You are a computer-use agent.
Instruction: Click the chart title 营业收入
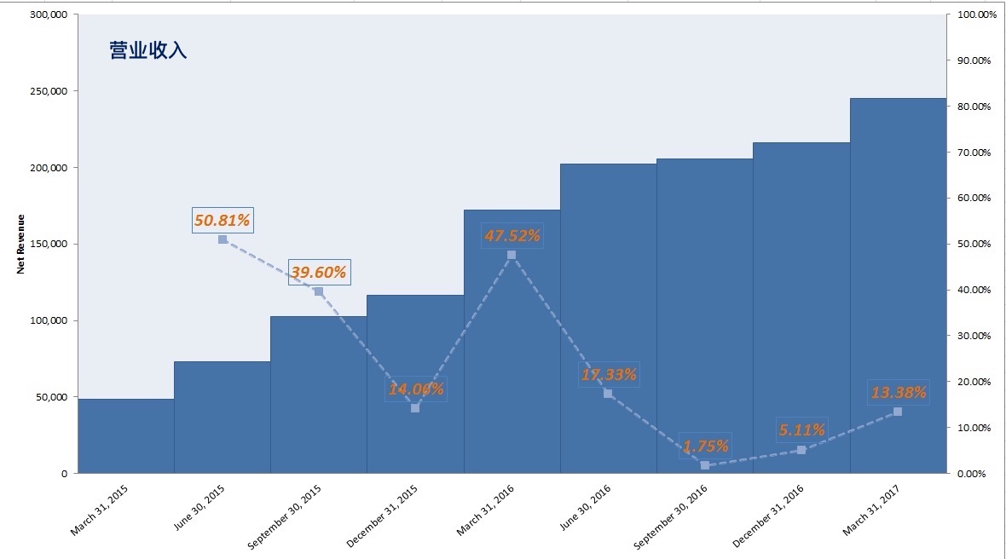click(x=148, y=50)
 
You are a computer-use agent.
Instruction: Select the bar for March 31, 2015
click(x=126, y=436)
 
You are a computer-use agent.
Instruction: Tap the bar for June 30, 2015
click(x=222, y=418)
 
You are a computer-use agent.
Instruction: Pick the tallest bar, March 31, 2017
click(x=899, y=286)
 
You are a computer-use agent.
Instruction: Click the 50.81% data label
click(x=222, y=220)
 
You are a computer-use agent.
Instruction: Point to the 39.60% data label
click(x=319, y=273)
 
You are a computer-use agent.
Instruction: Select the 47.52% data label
click(x=512, y=236)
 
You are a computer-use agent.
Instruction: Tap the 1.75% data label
click(x=705, y=447)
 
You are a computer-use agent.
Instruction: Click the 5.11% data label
click(x=801, y=429)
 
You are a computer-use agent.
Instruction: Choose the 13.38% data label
click(x=899, y=392)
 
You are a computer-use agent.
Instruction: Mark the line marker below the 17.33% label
click(x=608, y=394)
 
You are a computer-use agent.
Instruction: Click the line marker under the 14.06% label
click(x=415, y=407)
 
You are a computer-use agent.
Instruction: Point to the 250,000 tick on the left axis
click(x=49, y=91)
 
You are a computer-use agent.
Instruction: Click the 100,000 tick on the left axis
click(x=49, y=320)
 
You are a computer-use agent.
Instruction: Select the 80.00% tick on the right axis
click(x=974, y=107)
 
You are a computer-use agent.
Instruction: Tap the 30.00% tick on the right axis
click(x=974, y=336)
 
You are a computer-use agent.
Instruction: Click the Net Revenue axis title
click(x=20, y=245)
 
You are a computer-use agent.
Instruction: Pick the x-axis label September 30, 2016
click(x=670, y=516)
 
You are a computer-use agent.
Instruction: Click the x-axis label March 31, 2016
click(x=485, y=510)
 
